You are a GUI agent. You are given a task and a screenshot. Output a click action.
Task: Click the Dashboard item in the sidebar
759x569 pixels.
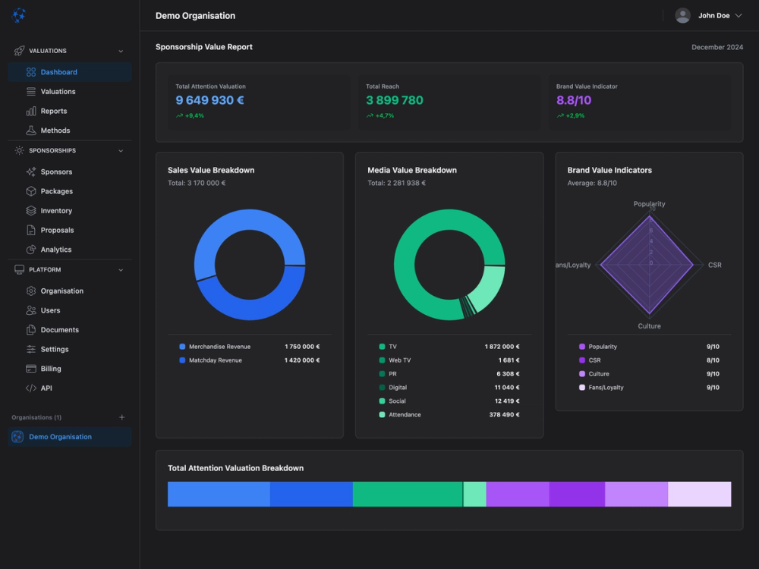(x=58, y=72)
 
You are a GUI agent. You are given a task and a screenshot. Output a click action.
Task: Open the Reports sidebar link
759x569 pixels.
(x=53, y=111)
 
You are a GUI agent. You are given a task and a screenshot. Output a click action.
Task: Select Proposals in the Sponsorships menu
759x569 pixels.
(x=57, y=230)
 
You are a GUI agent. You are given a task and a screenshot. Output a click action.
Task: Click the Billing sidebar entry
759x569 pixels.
(x=51, y=369)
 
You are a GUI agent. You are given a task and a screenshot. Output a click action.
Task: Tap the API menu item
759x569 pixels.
(x=46, y=388)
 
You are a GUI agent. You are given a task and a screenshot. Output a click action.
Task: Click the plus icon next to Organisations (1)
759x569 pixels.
(x=122, y=417)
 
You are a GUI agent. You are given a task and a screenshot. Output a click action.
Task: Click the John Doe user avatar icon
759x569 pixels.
(x=682, y=15)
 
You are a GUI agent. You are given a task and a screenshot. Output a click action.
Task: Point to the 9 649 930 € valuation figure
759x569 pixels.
(x=209, y=100)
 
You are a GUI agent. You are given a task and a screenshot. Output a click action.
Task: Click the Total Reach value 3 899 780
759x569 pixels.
(x=394, y=100)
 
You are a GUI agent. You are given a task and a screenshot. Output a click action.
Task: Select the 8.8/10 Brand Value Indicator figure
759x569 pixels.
(x=573, y=100)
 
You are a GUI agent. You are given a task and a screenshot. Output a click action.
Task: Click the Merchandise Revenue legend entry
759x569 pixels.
(x=219, y=347)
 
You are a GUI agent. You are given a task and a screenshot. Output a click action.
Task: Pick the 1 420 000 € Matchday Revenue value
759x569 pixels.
(x=302, y=360)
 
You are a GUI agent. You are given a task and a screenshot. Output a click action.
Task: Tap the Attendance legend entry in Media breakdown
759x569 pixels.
(x=405, y=415)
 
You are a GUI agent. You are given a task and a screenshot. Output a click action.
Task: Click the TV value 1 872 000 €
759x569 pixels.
(x=502, y=347)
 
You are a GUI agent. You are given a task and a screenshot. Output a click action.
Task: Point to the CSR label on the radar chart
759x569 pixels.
(x=714, y=265)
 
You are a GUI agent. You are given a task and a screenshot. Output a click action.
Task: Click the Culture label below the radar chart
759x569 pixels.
(x=649, y=326)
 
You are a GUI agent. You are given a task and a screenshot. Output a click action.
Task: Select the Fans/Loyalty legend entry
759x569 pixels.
(x=606, y=388)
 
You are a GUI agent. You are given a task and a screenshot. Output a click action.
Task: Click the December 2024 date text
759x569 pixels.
(x=716, y=47)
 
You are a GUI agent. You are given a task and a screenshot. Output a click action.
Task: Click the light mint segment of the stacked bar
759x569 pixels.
(x=474, y=494)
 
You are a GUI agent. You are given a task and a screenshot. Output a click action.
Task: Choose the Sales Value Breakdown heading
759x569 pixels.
(x=211, y=170)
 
